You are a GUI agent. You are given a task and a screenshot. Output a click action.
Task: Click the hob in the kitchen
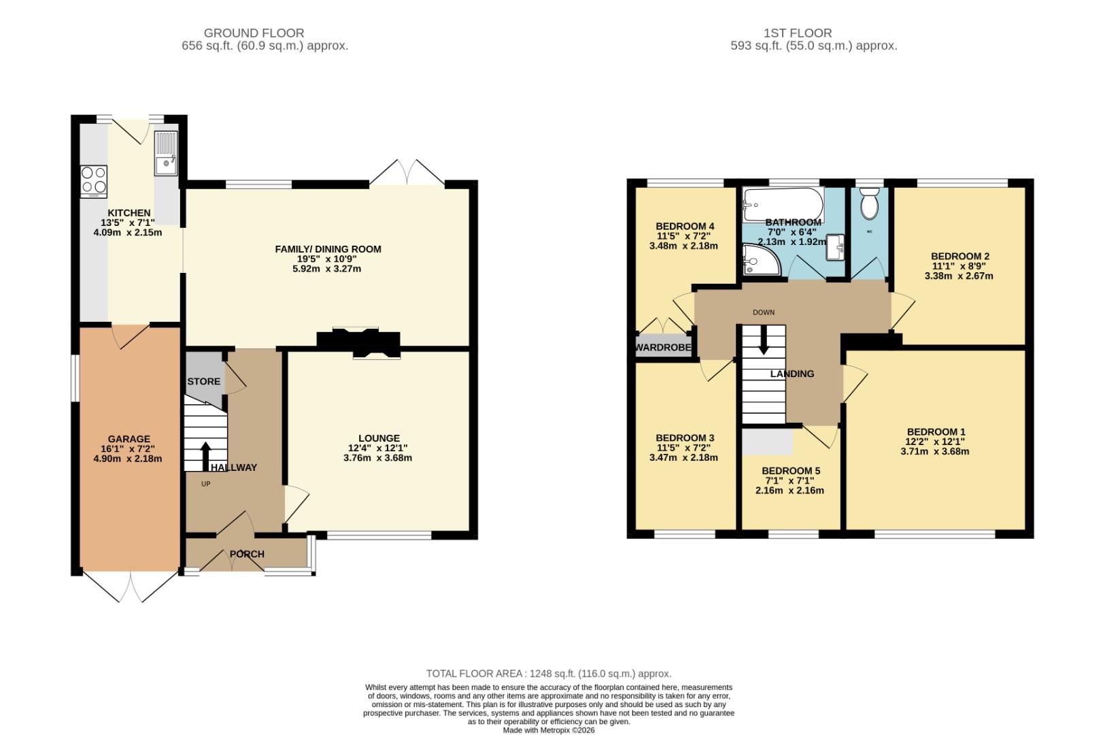pyautogui.click(x=94, y=180)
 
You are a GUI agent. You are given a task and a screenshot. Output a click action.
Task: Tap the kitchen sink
pyautogui.click(x=166, y=154)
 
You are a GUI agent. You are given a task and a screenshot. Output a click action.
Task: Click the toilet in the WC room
pyautogui.click(x=869, y=203)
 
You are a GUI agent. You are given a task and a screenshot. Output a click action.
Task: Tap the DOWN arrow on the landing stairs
pyautogui.click(x=763, y=340)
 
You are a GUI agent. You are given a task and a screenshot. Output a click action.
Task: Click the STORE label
pyautogui.click(x=204, y=382)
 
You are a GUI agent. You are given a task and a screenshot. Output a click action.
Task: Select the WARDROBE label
pyautogui.click(x=663, y=348)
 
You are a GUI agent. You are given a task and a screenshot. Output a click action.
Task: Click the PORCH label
pyautogui.click(x=247, y=554)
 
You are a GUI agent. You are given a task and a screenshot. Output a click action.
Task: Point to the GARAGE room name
pyautogui.click(x=129, y=439)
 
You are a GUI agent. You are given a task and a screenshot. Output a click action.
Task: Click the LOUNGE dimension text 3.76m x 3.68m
pyautogui.click(x=378, y=458)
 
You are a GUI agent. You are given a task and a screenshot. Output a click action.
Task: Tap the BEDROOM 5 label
pyautogui.click(x=790, y=471)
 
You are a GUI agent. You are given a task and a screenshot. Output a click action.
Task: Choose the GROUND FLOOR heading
pyautogui.click(x=254, y=33)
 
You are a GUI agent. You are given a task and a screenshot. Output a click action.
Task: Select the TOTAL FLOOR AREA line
pyautogui.click(x=548, y=674)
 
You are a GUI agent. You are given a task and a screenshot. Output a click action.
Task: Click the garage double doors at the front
pyautogui.click(x=131, y=587)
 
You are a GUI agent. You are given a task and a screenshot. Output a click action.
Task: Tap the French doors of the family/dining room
pyautogui.click(x=407, y=173)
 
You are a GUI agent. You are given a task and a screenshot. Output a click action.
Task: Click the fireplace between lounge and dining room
pyautogui.click(x=358, y=342)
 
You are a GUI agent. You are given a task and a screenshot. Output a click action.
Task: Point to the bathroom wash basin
pyautogui.click(x=836, y=248)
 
